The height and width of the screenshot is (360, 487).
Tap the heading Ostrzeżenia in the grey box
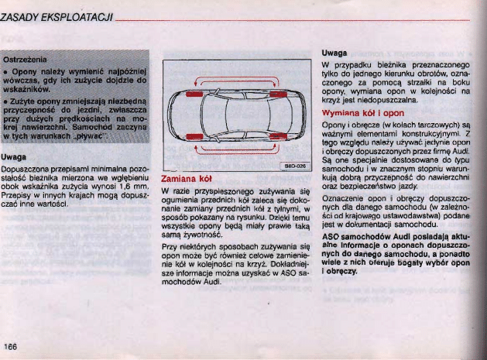click(26, 59)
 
